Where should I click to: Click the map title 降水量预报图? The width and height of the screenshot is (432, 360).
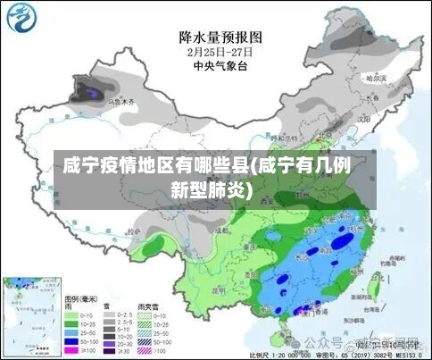220,37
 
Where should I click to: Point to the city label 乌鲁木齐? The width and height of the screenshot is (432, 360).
121,103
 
